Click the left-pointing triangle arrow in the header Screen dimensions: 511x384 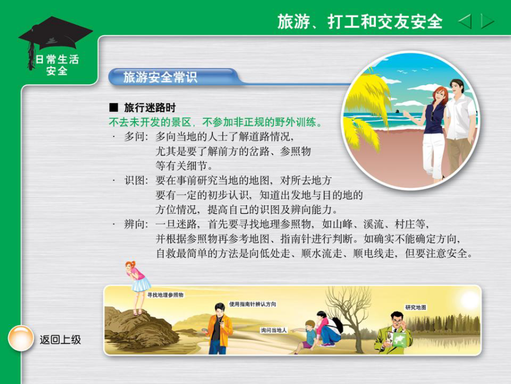click(466, 22)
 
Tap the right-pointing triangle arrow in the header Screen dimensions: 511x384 click(487, 22)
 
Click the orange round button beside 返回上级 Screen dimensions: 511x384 click(20, 338)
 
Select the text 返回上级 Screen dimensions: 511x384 click(60, 340)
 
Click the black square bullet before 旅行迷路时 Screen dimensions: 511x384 click(114, 107)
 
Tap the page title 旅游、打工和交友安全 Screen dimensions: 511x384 click(360, 22)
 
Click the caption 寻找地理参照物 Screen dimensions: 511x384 click(165, 295)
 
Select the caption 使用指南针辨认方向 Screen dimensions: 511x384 click(253, 304)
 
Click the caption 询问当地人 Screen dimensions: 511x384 click(274, 330)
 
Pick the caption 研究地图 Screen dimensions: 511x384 click(416, 307)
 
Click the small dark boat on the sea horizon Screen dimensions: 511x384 click(398, 111)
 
